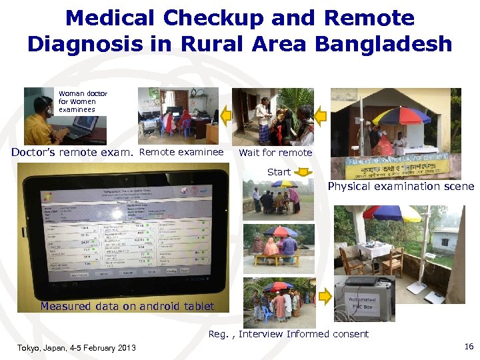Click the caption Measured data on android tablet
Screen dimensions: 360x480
[127, 306]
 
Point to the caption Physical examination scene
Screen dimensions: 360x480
[400, 187]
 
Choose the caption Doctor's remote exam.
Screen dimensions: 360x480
[72, 152]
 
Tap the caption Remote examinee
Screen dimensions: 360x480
[181, 152]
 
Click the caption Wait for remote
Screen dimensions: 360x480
[275, 152]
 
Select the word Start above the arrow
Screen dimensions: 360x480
[279, 172]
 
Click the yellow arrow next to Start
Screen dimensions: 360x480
[304, 172]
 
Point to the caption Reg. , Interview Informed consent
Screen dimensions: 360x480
[289, 333]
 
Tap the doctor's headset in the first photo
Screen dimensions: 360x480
[45, 105]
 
